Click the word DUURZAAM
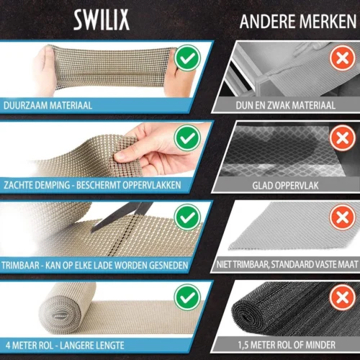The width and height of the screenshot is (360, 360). [24, 106]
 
